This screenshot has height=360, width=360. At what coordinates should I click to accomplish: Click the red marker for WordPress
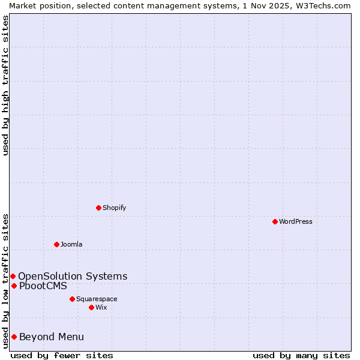[275, 221]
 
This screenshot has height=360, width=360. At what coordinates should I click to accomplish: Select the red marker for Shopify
[98, 208]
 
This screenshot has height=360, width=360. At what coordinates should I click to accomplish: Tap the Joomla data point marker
[56, 244]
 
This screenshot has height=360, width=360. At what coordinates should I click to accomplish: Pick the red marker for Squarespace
[72, 299]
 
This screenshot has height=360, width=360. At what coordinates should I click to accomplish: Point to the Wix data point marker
[91, 307]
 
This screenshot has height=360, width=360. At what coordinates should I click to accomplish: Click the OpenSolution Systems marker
[13, 276]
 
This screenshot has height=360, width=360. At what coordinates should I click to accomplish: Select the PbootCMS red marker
[14, 286]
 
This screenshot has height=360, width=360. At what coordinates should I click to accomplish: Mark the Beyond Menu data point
[14, 337]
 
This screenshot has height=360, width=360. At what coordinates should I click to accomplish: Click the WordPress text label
[296, 221]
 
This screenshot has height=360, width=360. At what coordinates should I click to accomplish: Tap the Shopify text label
[114, 208]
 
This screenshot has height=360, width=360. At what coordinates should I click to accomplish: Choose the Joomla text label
[71, 244]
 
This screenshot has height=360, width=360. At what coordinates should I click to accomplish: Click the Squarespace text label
[97, 299]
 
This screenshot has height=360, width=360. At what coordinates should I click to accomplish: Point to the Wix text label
[101, 307]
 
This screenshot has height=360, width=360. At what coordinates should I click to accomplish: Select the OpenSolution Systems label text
[73, 276]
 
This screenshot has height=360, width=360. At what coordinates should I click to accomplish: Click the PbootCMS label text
[43, 286]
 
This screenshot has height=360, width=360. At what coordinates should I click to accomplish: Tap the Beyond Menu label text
[52, 337]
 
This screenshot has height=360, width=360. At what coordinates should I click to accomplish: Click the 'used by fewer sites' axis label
[62, 355]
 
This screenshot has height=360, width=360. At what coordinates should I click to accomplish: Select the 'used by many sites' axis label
[301, 355]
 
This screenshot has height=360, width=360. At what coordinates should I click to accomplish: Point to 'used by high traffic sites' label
[5, 85]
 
